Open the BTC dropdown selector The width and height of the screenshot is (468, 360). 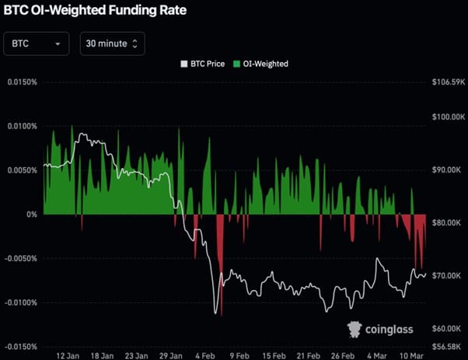tap(36, 44)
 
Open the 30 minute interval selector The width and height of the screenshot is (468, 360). tap(112, 44)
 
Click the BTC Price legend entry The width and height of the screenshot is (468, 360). tap(203, 64)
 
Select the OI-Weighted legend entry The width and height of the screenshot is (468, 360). tap(262, 64)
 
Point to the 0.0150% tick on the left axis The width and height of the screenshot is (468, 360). tap(22, 82)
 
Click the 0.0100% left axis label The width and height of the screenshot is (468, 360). tap(22, 126)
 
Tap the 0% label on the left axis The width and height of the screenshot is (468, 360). tap(31, 214)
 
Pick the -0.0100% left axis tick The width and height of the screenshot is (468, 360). tap(20, 302)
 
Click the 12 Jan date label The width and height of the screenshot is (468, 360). tap(65, 355)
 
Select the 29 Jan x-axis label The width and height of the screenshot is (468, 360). tap(169, 355)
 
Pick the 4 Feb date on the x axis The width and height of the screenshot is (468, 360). tap(204, 355)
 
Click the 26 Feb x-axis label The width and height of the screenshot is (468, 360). tap(342, 355)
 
